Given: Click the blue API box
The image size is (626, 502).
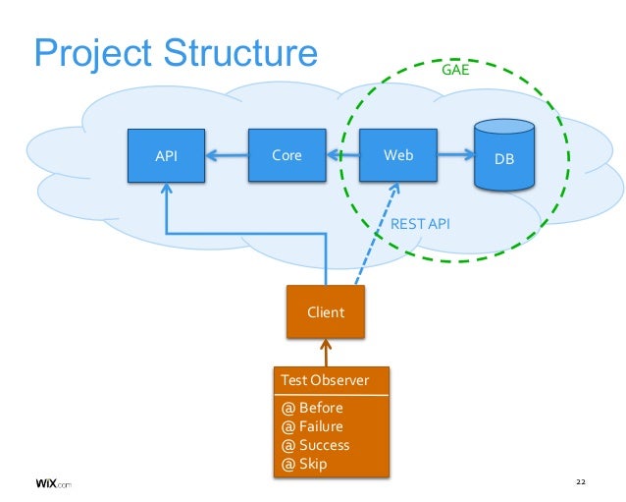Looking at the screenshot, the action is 166,155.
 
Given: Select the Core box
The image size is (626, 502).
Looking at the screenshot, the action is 287,155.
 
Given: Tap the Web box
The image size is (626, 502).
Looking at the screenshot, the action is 398,155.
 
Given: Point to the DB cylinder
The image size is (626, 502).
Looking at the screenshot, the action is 504,154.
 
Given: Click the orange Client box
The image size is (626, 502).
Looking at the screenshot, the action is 326,311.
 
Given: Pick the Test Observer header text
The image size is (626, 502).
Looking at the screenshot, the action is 325,380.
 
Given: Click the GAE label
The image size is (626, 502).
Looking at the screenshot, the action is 455,70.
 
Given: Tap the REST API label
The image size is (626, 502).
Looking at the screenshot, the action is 420,224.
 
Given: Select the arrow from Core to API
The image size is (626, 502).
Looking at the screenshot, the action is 227,155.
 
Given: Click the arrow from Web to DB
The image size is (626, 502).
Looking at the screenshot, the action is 455,154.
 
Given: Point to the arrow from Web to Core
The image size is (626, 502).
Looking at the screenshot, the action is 343,154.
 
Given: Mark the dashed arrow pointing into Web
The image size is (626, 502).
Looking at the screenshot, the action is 377,234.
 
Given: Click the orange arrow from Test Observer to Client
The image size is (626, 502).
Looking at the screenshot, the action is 326,353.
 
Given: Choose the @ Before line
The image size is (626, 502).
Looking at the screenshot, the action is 312,408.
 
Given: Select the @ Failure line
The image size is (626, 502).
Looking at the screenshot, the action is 312,426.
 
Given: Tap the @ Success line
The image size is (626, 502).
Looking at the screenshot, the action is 315,445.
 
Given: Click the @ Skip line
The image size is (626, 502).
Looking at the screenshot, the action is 304,464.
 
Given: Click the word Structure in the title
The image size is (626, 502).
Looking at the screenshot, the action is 240,53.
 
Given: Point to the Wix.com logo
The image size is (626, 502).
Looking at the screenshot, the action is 54,483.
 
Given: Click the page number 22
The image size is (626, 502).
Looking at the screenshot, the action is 581,482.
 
